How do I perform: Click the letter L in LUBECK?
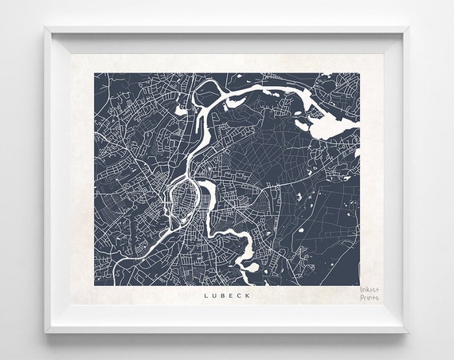pos(205,295)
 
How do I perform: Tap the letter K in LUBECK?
pos(249,295)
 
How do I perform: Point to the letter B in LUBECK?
pos(223,295)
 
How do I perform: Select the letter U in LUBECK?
pos(214,295)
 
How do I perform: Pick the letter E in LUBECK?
pos(232,295)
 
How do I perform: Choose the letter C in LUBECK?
pos(240,295)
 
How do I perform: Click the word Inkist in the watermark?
pos(370,291)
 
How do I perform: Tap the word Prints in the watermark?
pos(370,299)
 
